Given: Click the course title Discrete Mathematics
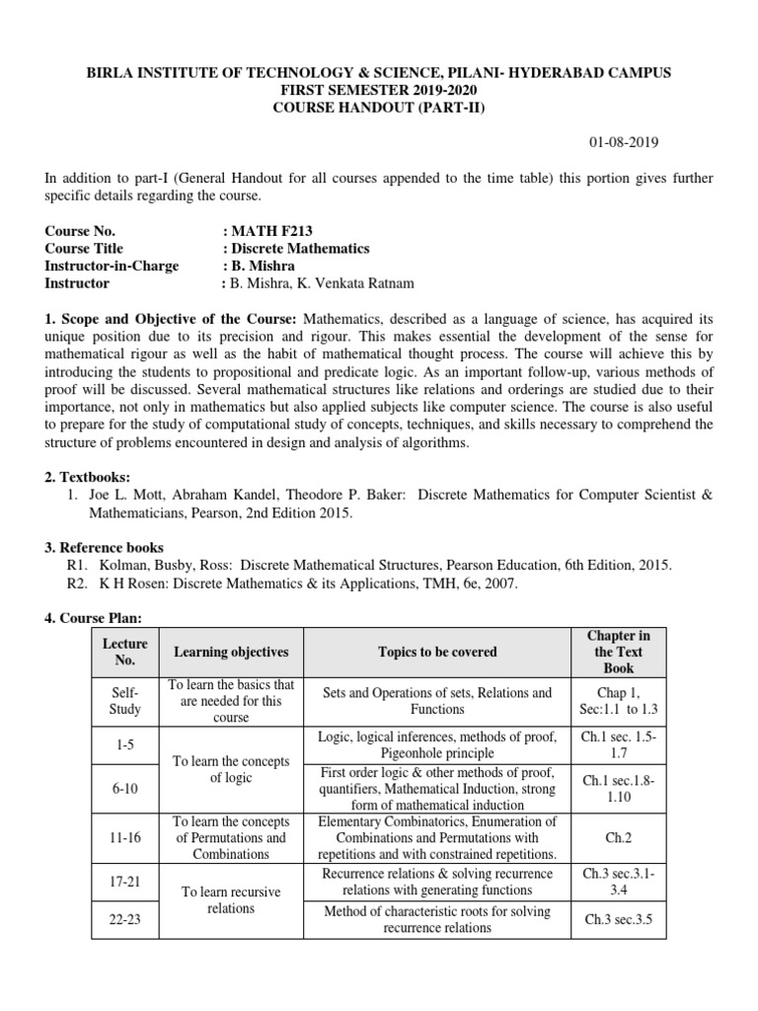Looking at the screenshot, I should tap(300, 248).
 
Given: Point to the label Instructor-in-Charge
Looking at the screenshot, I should tap(109, 266).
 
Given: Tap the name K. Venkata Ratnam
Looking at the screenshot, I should tap(366, 283).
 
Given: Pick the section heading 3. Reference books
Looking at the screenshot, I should tap(105, 547).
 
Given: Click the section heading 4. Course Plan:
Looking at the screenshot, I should tap(95, 618).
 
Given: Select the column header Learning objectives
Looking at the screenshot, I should tap(231, 652).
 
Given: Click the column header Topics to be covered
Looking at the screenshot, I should tap(436, 652).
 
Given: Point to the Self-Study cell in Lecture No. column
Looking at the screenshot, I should tap(124, 701).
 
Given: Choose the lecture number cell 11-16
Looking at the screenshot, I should tap(124, 838).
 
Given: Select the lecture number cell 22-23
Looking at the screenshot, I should tap(124, 919).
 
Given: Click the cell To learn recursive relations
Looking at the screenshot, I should tap(231, 899).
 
